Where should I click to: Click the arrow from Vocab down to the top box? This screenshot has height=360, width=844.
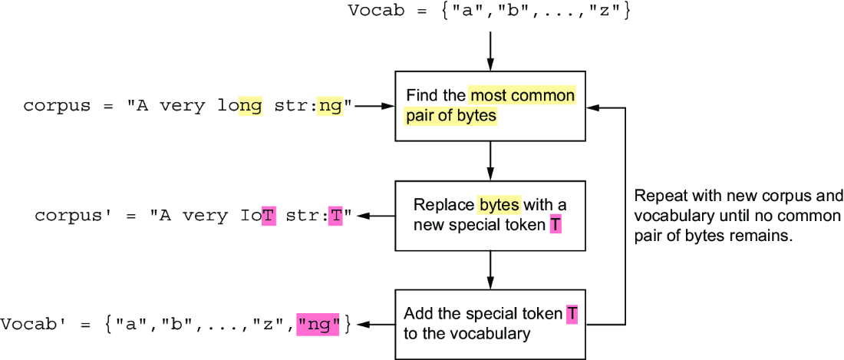coord(490,51)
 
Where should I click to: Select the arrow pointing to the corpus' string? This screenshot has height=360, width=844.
coord(376,216)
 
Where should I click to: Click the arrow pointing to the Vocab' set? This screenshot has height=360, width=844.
coord(376,325)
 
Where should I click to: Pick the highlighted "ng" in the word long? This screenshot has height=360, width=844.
coord(250,106)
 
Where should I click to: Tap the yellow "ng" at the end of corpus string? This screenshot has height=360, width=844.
coord(329,106)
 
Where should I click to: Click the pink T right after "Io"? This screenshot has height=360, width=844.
coord(269,216)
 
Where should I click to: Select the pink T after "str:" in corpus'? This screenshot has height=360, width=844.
coord(336,216)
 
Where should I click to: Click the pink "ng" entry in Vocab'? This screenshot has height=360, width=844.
coord(318,325)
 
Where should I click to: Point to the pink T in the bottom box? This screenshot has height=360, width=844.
coord(572,314)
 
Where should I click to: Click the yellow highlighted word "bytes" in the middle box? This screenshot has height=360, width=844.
coord(499,205)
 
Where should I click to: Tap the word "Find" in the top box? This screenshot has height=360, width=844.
coord(419,96)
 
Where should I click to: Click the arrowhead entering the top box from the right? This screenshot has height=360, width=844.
coord(592,107)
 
